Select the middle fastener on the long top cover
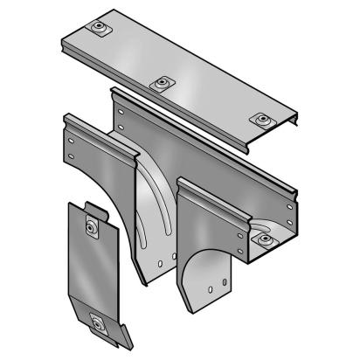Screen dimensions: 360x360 point(160,84)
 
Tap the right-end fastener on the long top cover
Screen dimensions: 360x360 point(260,119)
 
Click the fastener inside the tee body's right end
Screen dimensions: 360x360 point(262,237)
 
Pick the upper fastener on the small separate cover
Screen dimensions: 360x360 point(91,229)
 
